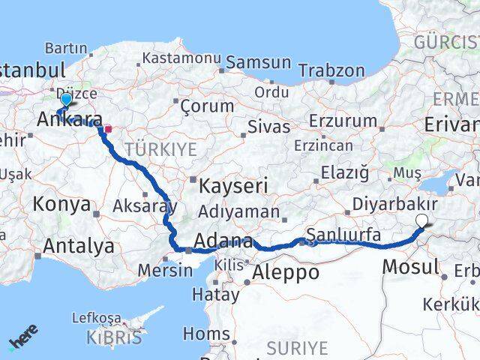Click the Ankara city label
70,120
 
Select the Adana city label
223,241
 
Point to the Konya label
62,204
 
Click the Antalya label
79,245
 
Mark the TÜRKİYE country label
160,149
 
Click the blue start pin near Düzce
66,100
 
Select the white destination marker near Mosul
423,220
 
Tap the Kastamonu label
177,58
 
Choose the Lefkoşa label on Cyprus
96,317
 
